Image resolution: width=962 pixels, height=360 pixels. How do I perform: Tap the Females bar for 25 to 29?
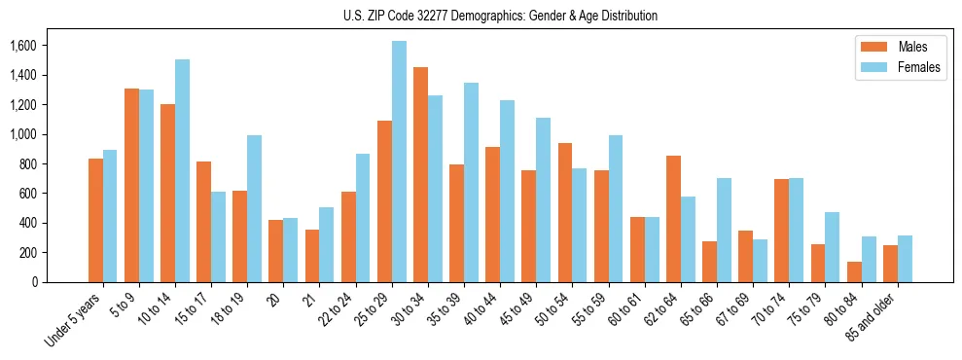399,162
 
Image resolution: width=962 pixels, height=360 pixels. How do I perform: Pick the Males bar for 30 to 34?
420,175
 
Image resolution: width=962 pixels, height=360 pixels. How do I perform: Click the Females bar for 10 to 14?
182,170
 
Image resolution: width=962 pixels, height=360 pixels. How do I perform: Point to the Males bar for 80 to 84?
854,271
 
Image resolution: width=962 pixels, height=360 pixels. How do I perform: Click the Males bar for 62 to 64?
673,219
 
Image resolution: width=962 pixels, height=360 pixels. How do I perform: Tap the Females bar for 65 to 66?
724,230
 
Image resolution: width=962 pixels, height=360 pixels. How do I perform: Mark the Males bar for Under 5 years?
95,220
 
